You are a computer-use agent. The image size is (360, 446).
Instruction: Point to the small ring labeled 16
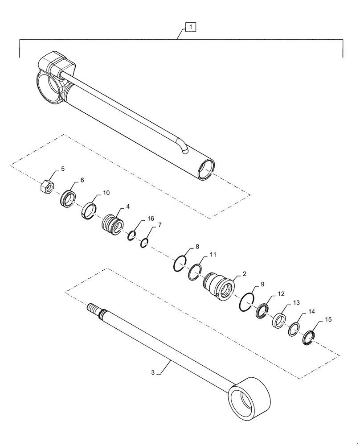pos(132,235)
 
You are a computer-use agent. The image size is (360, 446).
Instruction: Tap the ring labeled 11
pos(194,273)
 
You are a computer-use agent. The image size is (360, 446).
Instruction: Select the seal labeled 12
pos(263,311)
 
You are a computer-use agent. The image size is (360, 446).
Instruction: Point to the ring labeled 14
pos(293,330)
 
